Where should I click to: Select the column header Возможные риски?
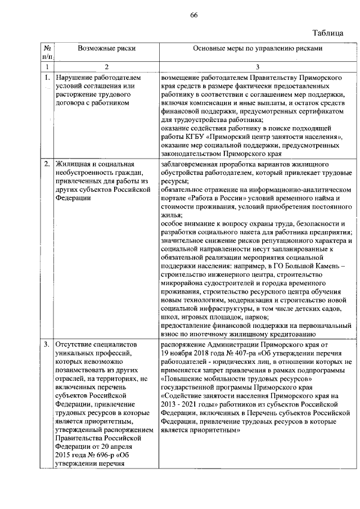coord(99,49)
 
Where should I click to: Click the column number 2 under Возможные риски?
coord(99,67)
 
